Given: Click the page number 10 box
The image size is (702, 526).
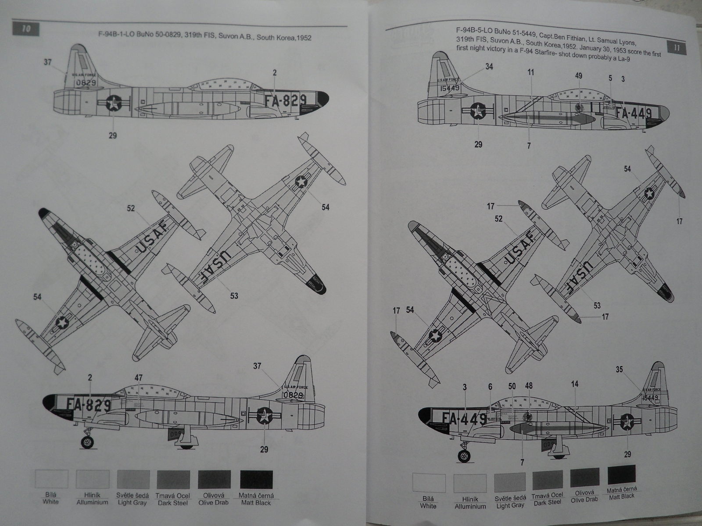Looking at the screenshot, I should click(26, 29).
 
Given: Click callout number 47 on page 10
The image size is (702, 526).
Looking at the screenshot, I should click(139, 377).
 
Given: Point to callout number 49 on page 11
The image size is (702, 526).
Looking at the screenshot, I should click(579, 76).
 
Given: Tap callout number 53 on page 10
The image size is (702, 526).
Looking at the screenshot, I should click(234, 295).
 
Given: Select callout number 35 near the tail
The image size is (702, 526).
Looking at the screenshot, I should click(619, 370).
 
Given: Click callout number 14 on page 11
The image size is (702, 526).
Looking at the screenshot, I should click(574, 384).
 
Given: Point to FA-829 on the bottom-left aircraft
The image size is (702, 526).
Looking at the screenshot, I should click(90, 405).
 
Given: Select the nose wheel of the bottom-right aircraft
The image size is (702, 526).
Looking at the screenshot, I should click(463, 457).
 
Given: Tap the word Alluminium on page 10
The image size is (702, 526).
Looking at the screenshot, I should click(92, 502).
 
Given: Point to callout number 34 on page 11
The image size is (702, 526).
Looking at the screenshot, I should click(489, 67).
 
